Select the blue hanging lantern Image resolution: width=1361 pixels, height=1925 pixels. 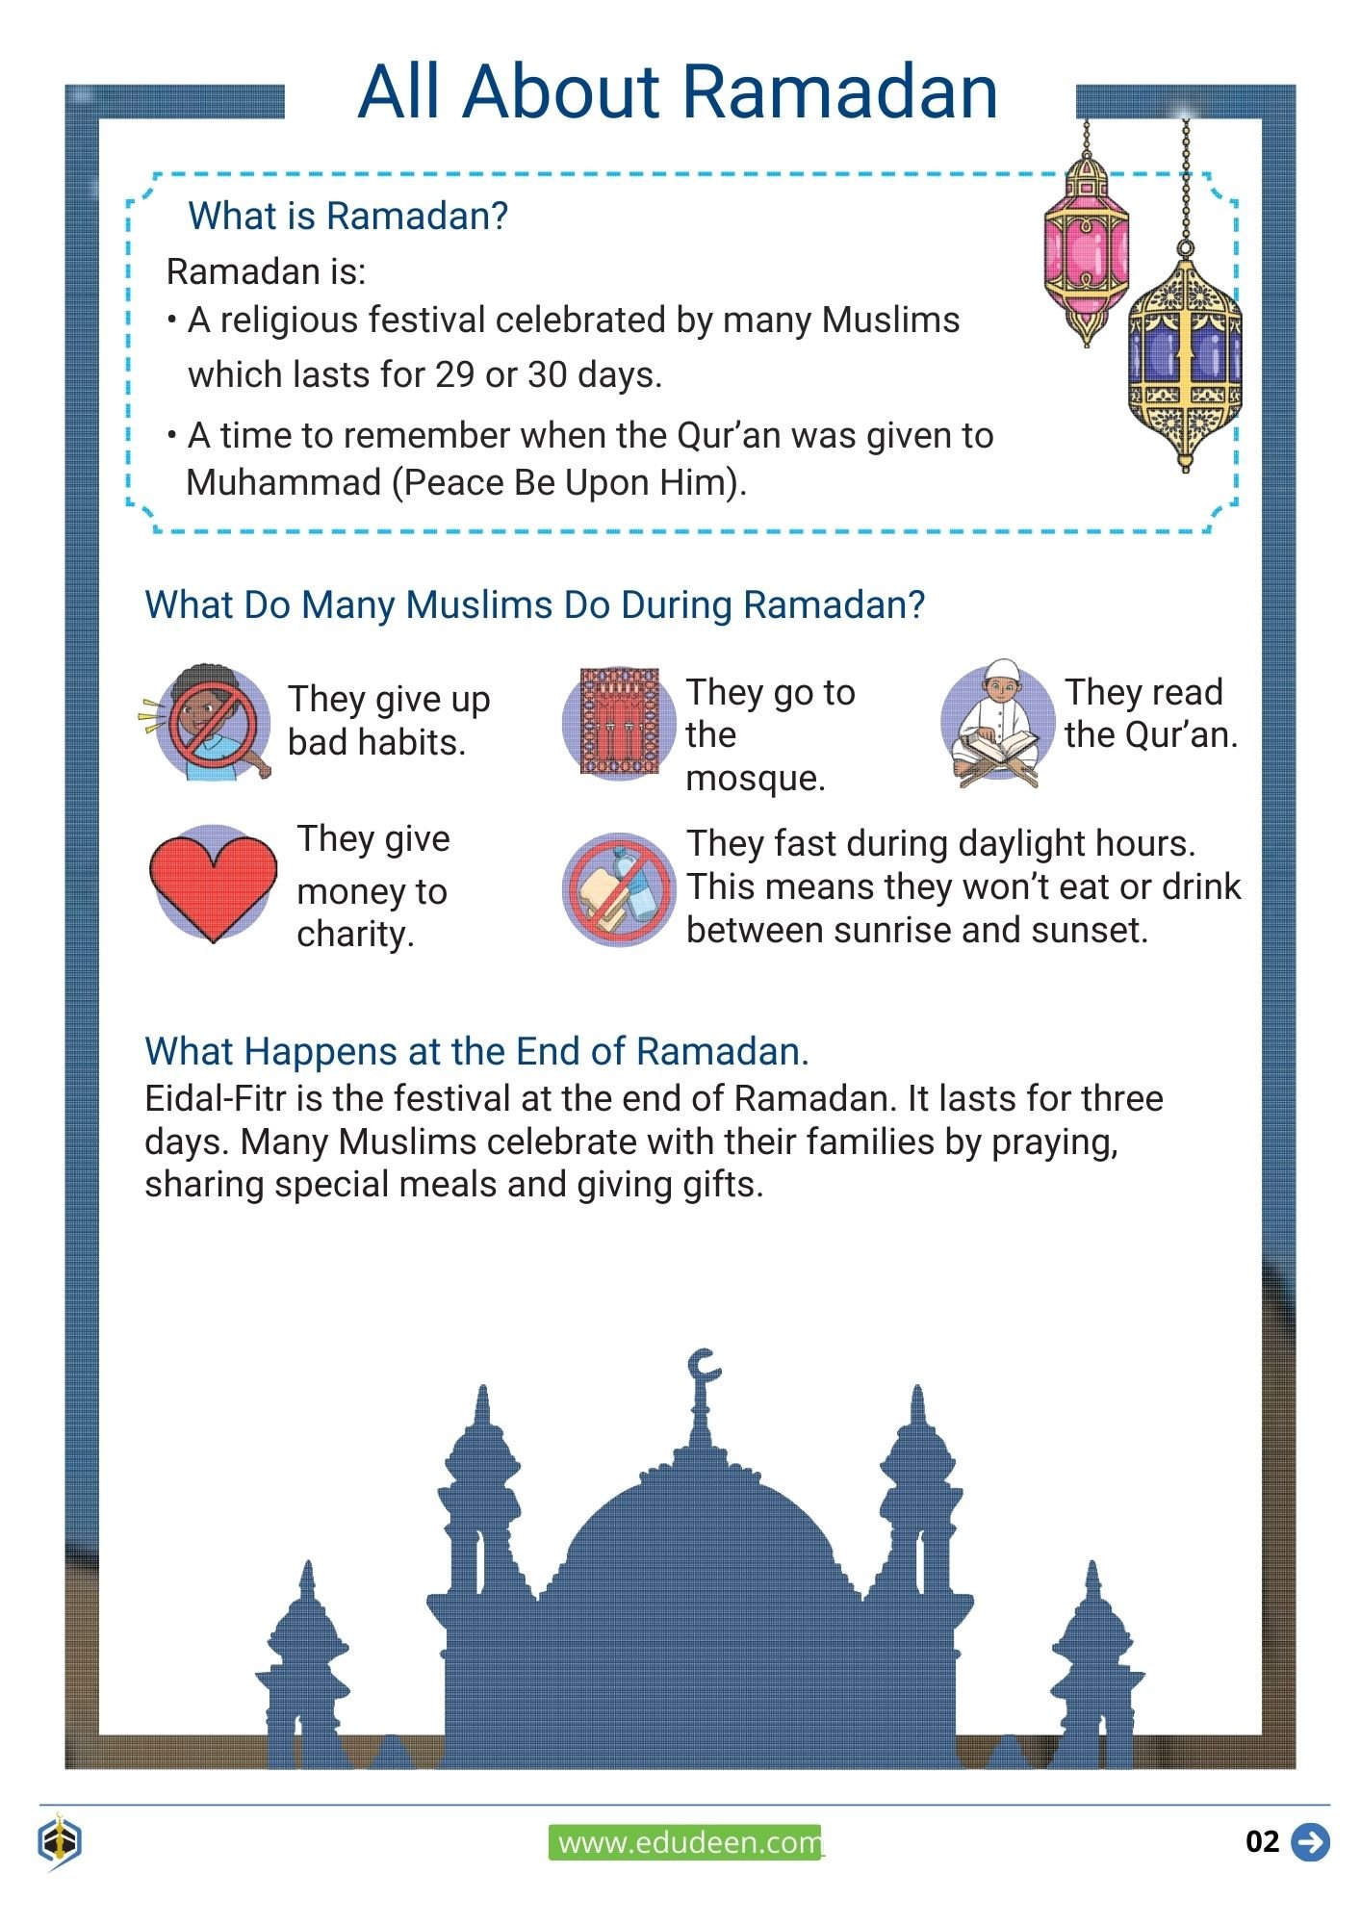point(1185,356)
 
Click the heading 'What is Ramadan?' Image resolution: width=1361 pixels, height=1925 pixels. point(347,217)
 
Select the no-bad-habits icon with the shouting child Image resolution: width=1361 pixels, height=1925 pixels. point(212,721)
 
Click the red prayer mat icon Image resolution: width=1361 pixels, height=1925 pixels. point(618,722)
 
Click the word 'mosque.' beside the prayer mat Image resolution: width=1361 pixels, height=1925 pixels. point(755,778)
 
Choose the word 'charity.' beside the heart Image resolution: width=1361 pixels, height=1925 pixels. point(355,934)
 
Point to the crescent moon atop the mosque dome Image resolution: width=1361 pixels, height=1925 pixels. point(704,1367)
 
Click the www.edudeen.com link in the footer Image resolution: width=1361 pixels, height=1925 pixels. point(686,1843)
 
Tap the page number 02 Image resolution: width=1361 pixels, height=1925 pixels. point(1262,1842)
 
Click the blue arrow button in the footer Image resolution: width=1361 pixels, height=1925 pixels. point(1310,1842)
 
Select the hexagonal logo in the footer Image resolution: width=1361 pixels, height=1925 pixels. point(60,1842)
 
